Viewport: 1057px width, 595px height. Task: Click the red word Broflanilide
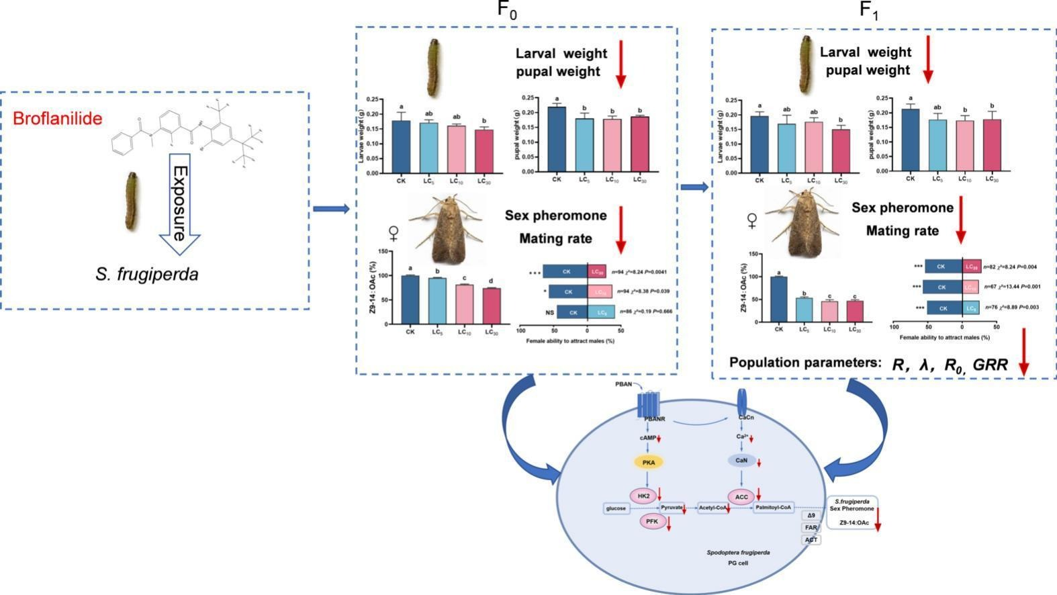click(x=58, y=119)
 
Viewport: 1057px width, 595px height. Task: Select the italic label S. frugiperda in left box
click(x=147, y=274)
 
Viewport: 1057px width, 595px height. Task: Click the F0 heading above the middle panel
click(x=508, y=11)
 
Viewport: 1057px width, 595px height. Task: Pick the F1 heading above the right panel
click(x=869, y=11)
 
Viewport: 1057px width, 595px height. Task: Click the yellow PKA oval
click(x=648, y=462)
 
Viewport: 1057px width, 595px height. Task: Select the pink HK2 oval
click(x=643, y=496)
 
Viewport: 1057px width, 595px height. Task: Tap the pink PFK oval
click(x=651, y=521)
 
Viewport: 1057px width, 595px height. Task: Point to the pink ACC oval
click(x=741, y=497)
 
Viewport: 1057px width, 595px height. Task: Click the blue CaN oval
click(x=741, y=461)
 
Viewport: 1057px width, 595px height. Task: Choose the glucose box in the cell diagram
click(x=616, y=508)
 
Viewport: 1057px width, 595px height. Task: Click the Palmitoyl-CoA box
click(x=774, y=507)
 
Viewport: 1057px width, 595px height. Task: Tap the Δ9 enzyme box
click(x=811, y=515)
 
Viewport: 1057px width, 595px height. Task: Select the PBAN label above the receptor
click(x=623, y=384)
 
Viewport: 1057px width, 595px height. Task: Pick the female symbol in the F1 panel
click(x=753, y=222)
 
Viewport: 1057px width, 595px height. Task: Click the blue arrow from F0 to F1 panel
click(x=694, y=187)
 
